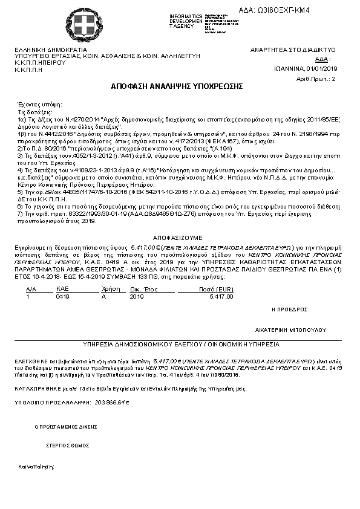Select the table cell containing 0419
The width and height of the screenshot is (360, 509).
coord(62,297)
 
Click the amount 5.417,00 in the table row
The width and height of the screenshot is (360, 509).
coord(220,297)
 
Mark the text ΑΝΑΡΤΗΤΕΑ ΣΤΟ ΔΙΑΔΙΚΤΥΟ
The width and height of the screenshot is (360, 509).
coord(293,50)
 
